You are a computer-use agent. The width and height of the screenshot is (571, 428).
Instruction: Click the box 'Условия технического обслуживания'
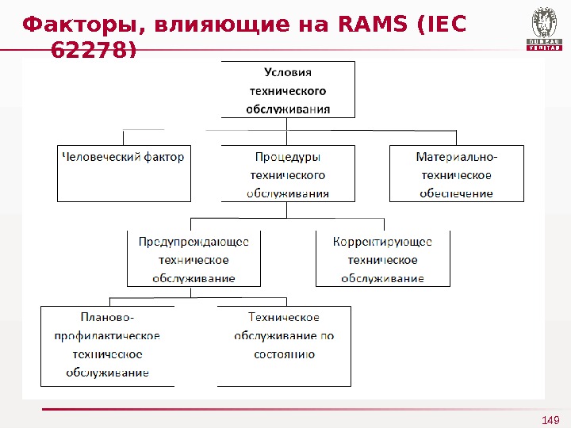(x=288, y=89)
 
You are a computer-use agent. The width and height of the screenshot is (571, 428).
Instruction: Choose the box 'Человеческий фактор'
(x=125, y=173)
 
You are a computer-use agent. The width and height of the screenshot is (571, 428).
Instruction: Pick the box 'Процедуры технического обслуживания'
(x=288, y=173)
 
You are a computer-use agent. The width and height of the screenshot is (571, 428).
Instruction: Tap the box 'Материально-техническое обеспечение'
(x=456, y=173)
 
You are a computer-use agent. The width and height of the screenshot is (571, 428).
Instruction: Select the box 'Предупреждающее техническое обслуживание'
(x=194, y=258)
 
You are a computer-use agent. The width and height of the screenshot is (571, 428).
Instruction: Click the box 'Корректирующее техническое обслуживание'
(x=382, y=258)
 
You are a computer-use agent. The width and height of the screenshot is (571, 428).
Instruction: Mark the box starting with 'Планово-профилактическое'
(x=107, y=346)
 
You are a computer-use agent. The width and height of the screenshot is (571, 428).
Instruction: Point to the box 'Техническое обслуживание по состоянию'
(x=284, y=346)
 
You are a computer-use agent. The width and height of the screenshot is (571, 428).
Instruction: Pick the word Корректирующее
(x=382, y=241)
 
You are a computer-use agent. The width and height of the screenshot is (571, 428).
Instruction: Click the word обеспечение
(x=456, y=193)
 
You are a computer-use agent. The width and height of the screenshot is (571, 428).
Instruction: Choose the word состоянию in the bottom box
(x=284, y=354)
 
